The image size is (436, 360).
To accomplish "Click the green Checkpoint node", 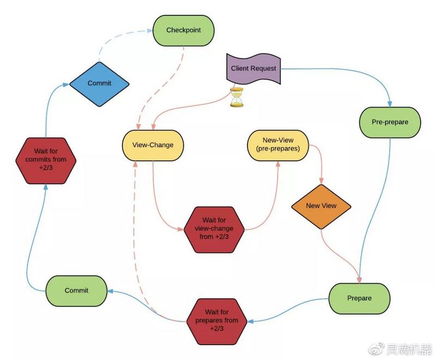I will tap(183, 30).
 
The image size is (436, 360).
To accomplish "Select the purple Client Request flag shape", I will tap(253, 69).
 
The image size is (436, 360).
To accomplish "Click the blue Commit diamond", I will tap(99, 83).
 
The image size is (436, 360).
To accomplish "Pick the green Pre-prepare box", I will tap(390, 122).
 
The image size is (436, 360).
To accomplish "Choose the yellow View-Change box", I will tap(153, 145).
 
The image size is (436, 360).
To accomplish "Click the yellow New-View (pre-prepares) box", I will tap(277, 145).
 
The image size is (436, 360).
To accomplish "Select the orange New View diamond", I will tap(321, 206).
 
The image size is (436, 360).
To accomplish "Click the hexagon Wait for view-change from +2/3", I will tap(214, 229).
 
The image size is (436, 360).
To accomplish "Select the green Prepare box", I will tap(359, 298).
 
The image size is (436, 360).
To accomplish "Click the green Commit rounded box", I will tap(76, 291).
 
